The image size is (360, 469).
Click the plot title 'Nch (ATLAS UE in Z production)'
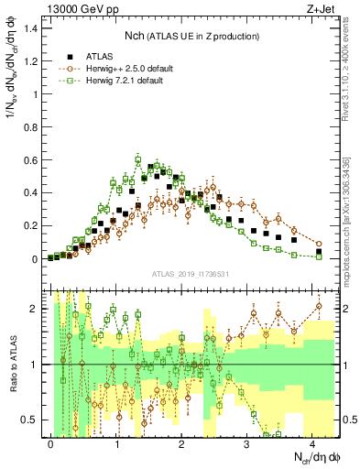click(190, 35)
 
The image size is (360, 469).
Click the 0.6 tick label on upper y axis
click(32, 160)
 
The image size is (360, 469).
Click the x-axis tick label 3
click(247, 443)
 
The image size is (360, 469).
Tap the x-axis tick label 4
click(312, 443)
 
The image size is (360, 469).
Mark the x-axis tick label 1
click(116, 443)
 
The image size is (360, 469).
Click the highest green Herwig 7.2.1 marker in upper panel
click(138, 160)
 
